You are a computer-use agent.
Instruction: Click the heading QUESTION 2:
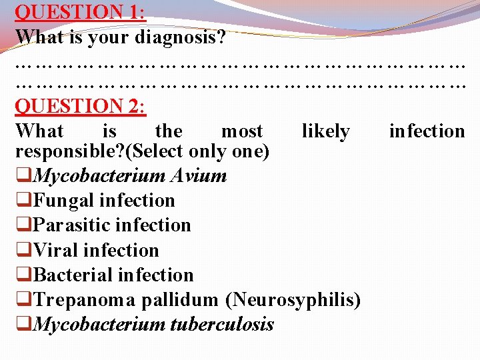click(81, 106)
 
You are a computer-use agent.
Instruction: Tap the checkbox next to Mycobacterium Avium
click(23, 177)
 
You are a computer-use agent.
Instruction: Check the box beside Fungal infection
click(23, 201)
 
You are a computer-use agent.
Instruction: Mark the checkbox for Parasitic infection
click(23, 226)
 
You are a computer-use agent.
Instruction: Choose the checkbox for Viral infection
click(23, 251)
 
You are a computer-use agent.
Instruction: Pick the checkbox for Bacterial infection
click(23, 276)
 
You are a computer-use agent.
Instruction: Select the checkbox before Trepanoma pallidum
click(23, 301)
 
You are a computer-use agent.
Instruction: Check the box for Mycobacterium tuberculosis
click(23, 325)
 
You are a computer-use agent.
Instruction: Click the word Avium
click(199, 176)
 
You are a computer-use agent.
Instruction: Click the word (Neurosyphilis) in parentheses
click(293, 300)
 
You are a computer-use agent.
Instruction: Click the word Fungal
click(64, 201)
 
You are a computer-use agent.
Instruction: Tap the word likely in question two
click(325, 131)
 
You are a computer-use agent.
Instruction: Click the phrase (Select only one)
click(201, 152)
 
